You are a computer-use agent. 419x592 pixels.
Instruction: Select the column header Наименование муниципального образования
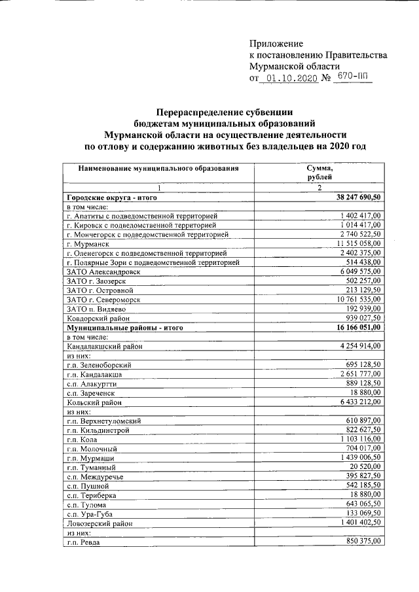(x=158, y=168)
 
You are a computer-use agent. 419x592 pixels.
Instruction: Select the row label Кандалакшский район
(x=105, y=345)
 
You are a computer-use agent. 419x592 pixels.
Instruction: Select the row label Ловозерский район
(x=101, y=524)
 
